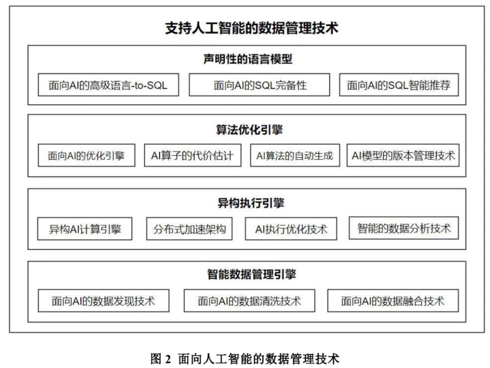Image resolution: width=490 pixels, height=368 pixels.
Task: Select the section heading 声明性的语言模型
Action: (247, 59)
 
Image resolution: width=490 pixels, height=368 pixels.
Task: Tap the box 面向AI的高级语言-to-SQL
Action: (108, 85)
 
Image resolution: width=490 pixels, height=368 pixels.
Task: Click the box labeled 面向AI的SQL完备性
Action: (260, 85)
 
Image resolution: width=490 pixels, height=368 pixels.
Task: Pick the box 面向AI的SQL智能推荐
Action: (399, 85)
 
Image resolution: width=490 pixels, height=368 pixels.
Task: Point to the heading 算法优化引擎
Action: (249, 130)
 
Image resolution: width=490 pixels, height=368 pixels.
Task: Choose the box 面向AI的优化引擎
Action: (86, 155)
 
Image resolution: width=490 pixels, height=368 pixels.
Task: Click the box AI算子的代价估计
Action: (192, 155)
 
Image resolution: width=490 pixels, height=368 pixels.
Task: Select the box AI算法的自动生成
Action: (295, 155)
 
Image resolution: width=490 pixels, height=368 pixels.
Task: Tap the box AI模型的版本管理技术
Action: (403, 155)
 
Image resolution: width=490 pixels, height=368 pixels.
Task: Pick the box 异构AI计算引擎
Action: (85, 229)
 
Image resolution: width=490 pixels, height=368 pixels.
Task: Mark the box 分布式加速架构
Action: (189, 229)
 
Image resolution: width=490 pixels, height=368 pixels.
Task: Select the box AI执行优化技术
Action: (291, 229)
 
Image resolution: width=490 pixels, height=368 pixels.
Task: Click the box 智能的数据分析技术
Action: (404, 228)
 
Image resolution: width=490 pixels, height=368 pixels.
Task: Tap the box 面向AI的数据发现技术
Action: (103, 300)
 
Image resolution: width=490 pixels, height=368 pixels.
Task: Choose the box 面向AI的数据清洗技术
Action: (250, 300)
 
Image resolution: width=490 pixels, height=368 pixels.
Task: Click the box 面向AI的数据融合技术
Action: (393, 300)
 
